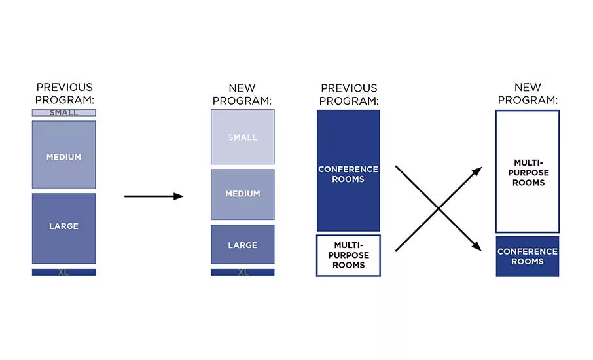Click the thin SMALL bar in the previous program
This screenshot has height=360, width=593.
pyautogui.click(x=63, y=113)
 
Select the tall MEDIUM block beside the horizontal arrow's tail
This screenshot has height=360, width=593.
pyautogui.click(x=63, y=154)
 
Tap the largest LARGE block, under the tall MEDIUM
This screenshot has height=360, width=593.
pyautogui.click(x=63, y=228)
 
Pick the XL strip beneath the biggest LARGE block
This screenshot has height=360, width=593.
pyautogui.click(x=63, y=272)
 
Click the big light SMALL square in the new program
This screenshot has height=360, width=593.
pyautogui.click(x=242, y=137)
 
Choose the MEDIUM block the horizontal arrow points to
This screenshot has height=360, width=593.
pyautogui.click(x=242, y=194)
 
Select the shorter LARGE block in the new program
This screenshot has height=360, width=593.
pyautogui.click(x=242, y=245)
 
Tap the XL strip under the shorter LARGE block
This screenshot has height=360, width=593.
pyautogui.click(x=242, y=272)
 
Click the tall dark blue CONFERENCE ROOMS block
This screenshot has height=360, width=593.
pyautogui.click(x=348, y=171)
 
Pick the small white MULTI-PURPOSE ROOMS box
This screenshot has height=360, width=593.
pyautogui.click(x=348, y=256)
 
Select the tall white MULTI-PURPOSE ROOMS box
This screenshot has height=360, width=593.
pyautogui.click(x=528, y=171)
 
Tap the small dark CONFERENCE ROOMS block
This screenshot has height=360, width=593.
pyautogui.click(x=528, y=257)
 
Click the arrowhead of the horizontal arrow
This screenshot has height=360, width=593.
pyautogui.click(x=179, y=196)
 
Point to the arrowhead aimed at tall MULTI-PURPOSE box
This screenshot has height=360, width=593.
pyautogui.click(x=477, y=171)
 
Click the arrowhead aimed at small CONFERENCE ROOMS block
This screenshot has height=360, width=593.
pyautogui.click(x=476, y=247)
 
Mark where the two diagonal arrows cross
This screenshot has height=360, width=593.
pyautogui.click(x=439, y=208)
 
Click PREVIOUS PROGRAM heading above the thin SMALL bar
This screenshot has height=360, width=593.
pyautogui.click(x=64, y=94)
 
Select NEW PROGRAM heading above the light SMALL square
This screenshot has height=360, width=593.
pyautogui.click(x=242, y=94)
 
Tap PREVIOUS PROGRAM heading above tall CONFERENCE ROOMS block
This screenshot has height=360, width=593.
pyautogui.click(x=349, y=94)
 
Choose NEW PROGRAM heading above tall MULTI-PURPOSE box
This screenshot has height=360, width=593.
pyautogui.click(x=528, y=94)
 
